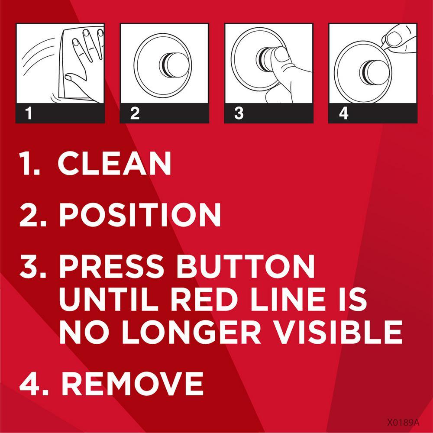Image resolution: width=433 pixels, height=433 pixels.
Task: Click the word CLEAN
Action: pyautogui.click(x=114, y=163)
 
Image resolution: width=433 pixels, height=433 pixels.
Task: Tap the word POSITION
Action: pyautogui.click(x=140, y=215)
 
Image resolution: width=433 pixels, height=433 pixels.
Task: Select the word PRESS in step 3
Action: pyautogui.click(x=112, y=266)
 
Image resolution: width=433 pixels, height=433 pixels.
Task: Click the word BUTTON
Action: pyautogui.click(x=246, y=266)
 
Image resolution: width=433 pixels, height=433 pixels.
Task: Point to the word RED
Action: pyautogui.click(x=202, y=299)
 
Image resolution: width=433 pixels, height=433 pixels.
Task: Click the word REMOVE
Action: pyautogui.click(x=132, y=383)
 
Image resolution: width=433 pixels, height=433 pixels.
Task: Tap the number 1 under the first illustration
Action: pyautogui.click(x=29, y=113)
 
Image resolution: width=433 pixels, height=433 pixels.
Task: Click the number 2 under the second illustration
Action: pyautogui.click(x=135, y=113)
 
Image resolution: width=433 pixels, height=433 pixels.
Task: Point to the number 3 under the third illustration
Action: pyautogui.click(x=239, y=113)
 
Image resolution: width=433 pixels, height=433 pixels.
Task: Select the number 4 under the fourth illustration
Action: pyautogui.click(x=343, y=113)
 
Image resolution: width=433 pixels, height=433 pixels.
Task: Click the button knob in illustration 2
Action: pyautogui.click(x=174, y=65)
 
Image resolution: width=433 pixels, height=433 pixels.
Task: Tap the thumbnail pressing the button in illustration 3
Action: pyautogui.click(x=282, y=54)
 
